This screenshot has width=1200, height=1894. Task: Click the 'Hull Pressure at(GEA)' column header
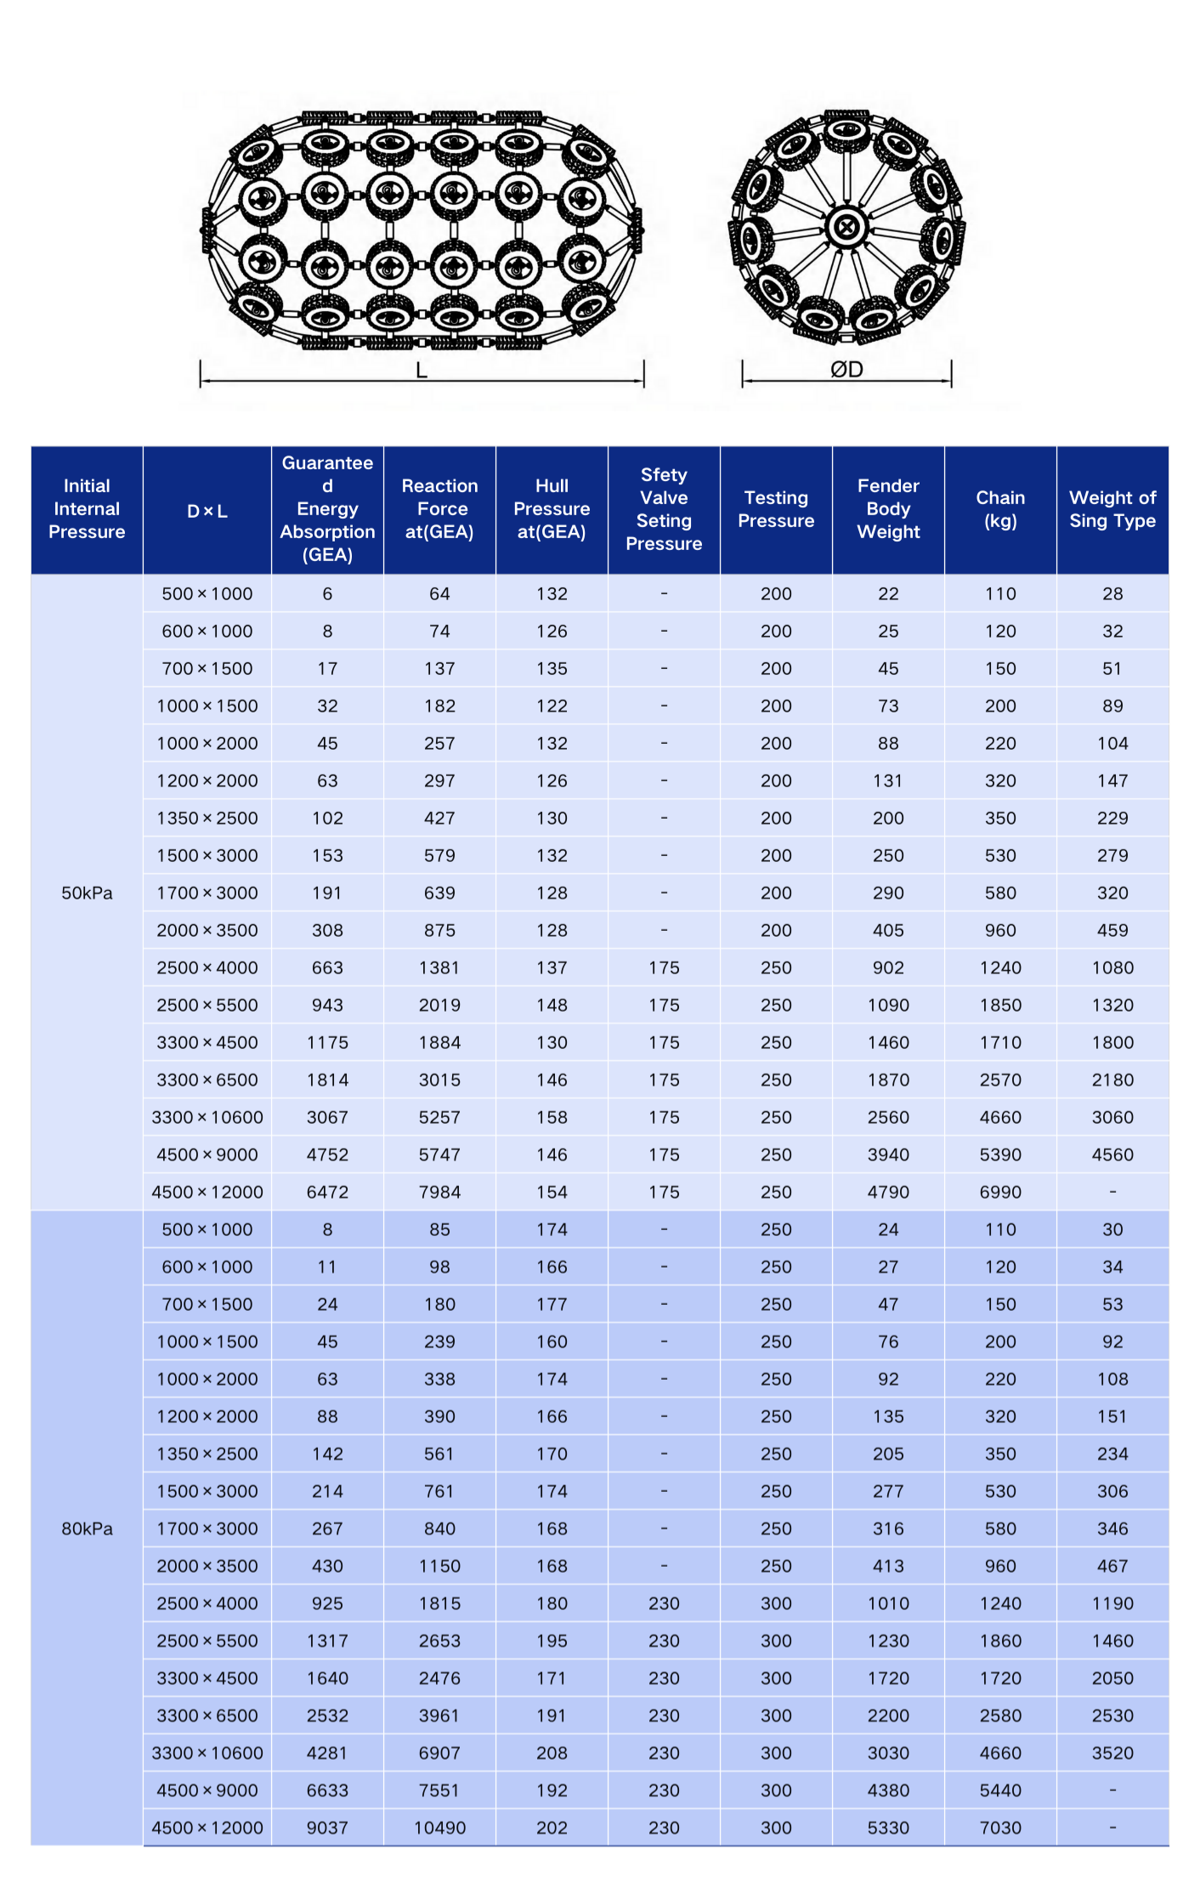point(552,509)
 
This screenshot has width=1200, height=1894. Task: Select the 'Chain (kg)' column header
point(1000,509)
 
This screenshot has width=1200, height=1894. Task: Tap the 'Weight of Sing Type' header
point(1112,509)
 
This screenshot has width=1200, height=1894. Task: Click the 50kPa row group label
point(87,893)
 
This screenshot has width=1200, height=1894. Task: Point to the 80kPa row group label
point(87,1528)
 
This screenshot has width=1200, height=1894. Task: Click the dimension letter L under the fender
point(422,371)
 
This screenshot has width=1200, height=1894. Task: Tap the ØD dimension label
point(846,370)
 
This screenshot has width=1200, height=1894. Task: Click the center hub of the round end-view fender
point(846,227)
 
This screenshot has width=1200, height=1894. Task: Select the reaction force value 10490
point(439,1828)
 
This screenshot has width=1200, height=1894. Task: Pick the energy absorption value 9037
point(327,1828)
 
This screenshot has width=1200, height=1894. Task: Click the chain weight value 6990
point(1000,1192)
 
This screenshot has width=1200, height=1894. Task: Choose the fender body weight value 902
point(888,967)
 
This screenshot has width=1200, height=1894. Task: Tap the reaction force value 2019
point(439,1005)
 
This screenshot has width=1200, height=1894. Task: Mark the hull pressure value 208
point(552,1753)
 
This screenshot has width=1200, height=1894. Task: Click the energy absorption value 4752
point(327,1154)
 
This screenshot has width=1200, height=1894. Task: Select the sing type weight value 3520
point(1112,1753)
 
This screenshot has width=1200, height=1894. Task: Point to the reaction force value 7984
point(439,1192)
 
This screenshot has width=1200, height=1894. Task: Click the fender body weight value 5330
point(888,1828)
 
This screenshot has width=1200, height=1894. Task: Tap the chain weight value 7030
point(1000,1828)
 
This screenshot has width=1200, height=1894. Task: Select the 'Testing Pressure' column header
point(776,509)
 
